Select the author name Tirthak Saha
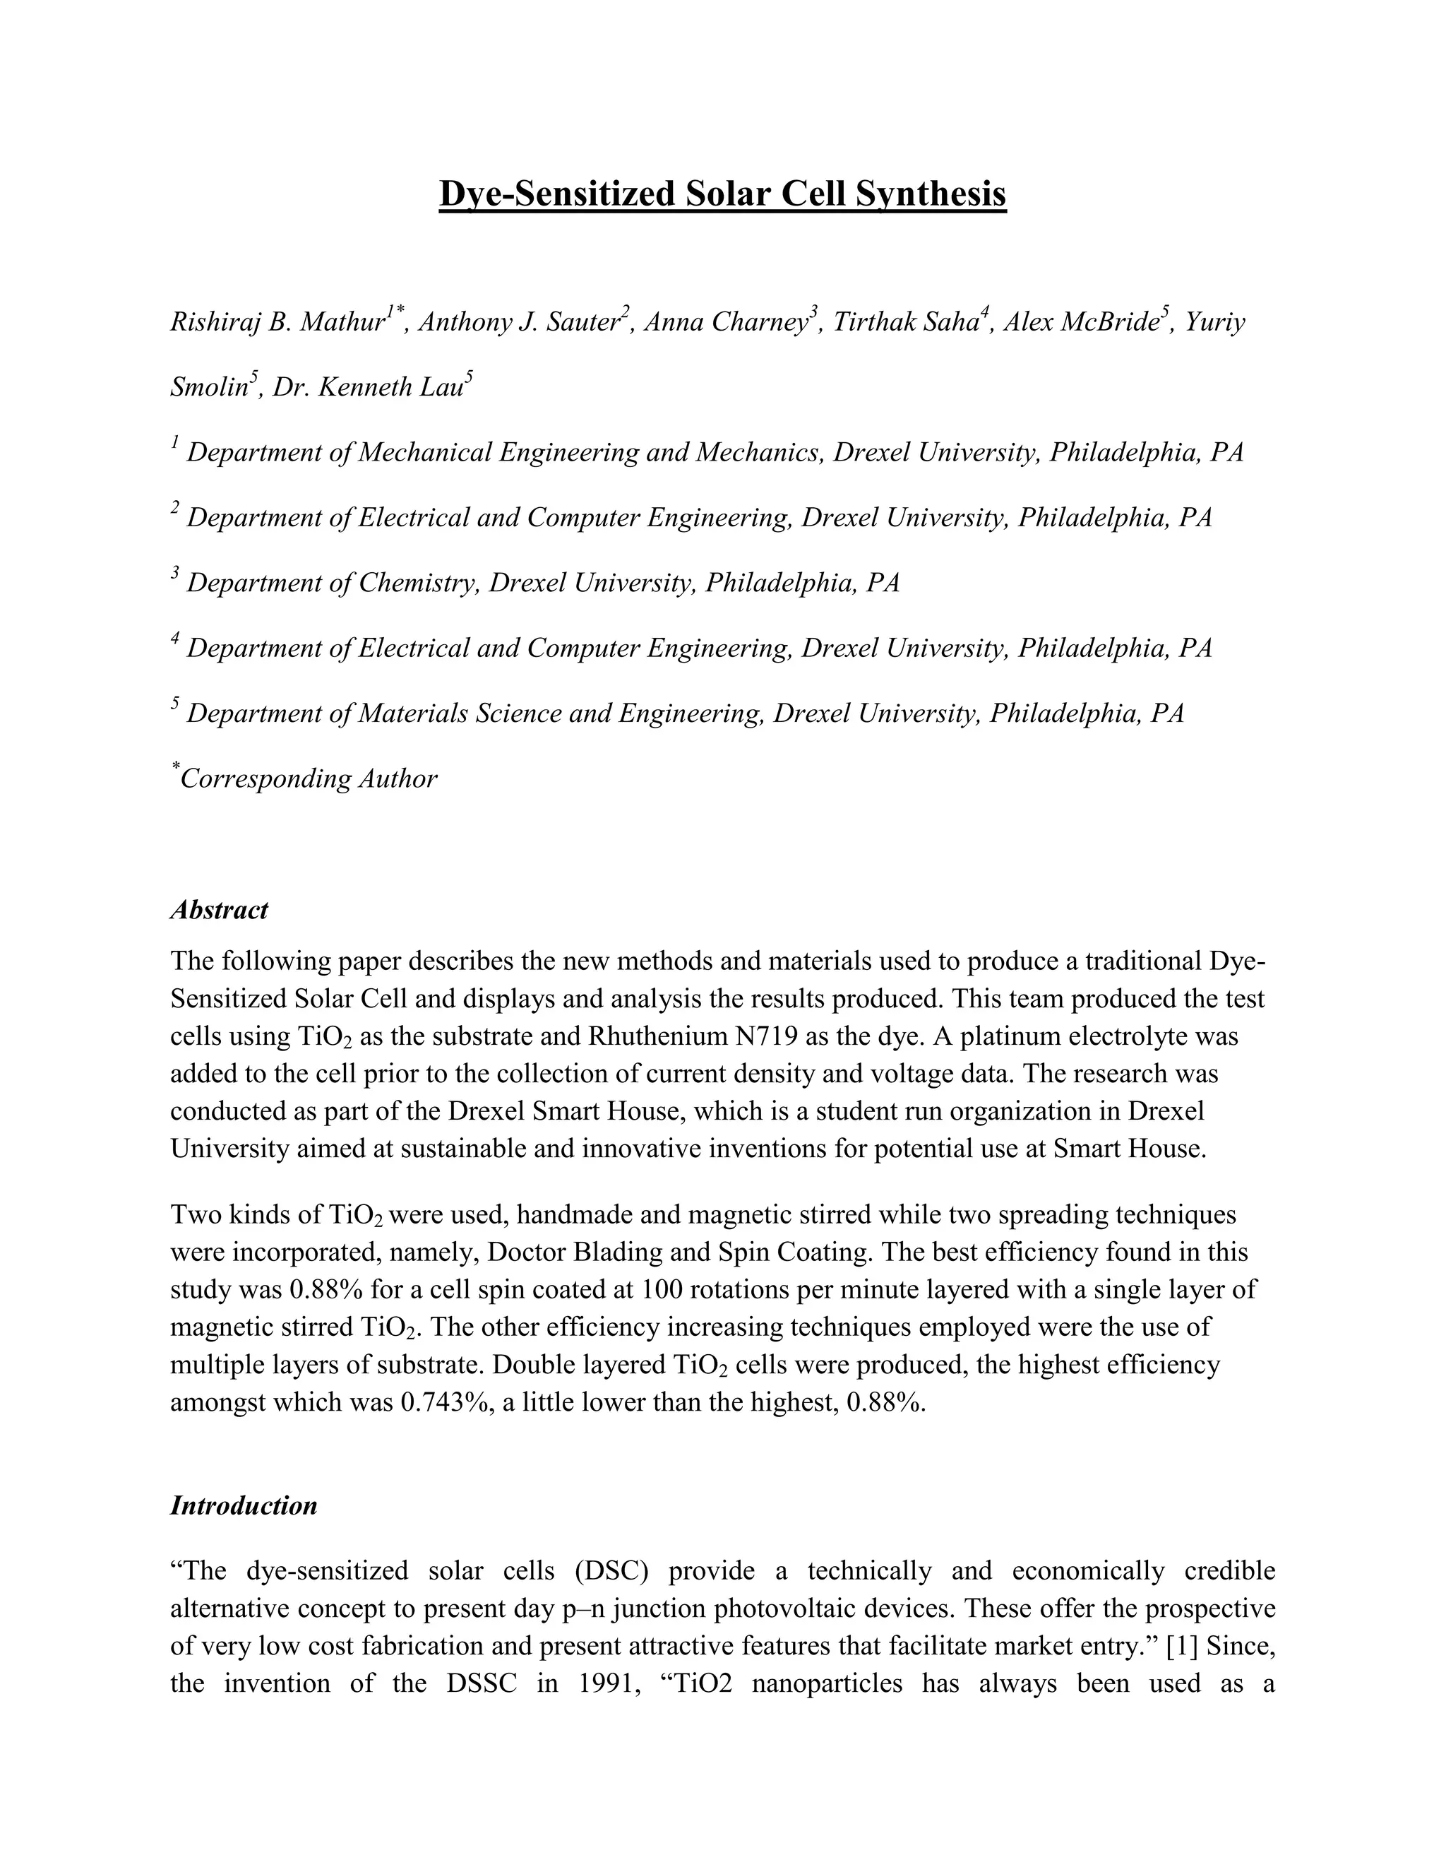pos(907,323)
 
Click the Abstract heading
pos(220,909)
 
